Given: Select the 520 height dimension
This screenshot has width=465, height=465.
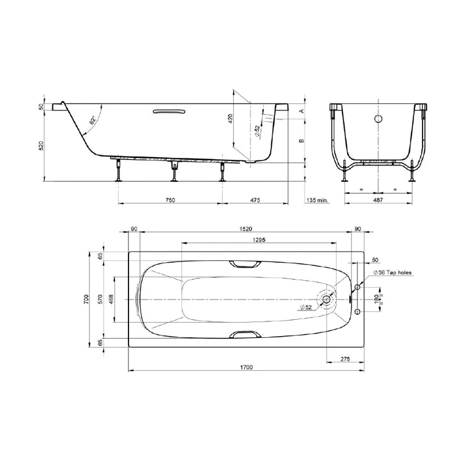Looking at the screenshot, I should (x=41, y=145).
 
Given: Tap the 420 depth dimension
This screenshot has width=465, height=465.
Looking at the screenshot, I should (x=230, y=119).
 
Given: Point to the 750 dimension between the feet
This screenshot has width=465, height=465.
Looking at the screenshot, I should (x=170, y=200).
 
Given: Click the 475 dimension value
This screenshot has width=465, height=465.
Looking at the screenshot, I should (x=255, y=200).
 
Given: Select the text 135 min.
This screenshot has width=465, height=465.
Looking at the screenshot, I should (x=317, y=200).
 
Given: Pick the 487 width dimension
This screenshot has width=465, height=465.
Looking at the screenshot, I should (x=378, y=200).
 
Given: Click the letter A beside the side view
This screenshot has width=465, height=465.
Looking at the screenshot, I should (x=301, y=110).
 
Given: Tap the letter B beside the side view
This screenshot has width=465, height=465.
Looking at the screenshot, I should (x=301, y=141).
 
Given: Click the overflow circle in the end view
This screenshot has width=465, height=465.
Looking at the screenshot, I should (x=378, y=119).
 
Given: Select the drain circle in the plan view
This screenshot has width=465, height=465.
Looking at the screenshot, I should (x=328, y=299).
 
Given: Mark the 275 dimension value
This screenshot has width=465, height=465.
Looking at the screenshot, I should (x=345, y=360).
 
